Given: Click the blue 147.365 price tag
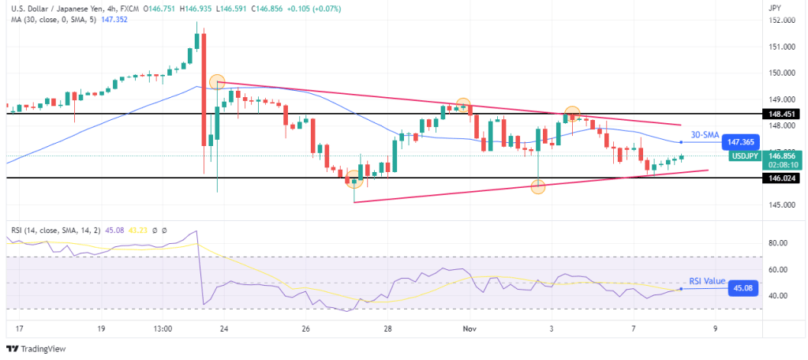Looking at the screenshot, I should click(742, 141).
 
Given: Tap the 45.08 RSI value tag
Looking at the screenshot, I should click(742, 289).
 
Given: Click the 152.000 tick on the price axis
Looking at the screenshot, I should click(781, 21).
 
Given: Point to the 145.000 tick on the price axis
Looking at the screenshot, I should click(781, 205).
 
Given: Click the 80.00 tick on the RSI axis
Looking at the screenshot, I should click(780, 243).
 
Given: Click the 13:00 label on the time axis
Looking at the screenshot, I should click(163, 327).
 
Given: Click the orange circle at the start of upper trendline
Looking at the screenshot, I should click(218, 81).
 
